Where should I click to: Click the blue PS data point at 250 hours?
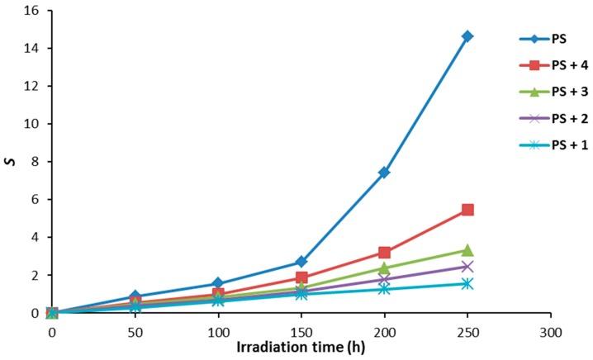(467, 36)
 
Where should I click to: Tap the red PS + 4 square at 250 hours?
(467, 210)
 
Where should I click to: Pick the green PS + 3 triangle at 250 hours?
(467, 250)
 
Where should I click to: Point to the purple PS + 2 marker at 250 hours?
(467, 266)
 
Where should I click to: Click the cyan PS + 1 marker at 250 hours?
(467, 283)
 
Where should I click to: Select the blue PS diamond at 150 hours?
(301, 262)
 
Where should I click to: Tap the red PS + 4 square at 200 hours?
(384, 253)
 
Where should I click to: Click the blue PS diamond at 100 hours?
(218, 283)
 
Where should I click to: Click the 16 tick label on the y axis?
(36, 11)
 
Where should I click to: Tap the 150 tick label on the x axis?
(301, 328)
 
